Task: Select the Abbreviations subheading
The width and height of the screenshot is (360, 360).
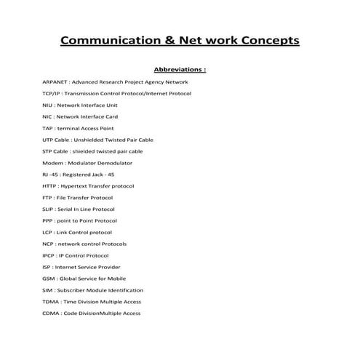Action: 180,70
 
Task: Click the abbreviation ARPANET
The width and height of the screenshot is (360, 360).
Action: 57,82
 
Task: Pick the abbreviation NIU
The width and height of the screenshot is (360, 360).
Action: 48,105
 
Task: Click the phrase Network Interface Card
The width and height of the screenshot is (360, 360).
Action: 87,117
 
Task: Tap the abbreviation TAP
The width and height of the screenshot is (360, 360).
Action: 48,128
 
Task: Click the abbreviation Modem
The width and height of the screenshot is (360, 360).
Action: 52,163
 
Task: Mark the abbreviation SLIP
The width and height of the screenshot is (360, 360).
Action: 49,209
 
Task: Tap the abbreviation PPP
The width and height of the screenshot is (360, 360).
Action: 48,220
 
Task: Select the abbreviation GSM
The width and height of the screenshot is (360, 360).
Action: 49,279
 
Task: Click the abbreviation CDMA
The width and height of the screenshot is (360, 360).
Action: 51,313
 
